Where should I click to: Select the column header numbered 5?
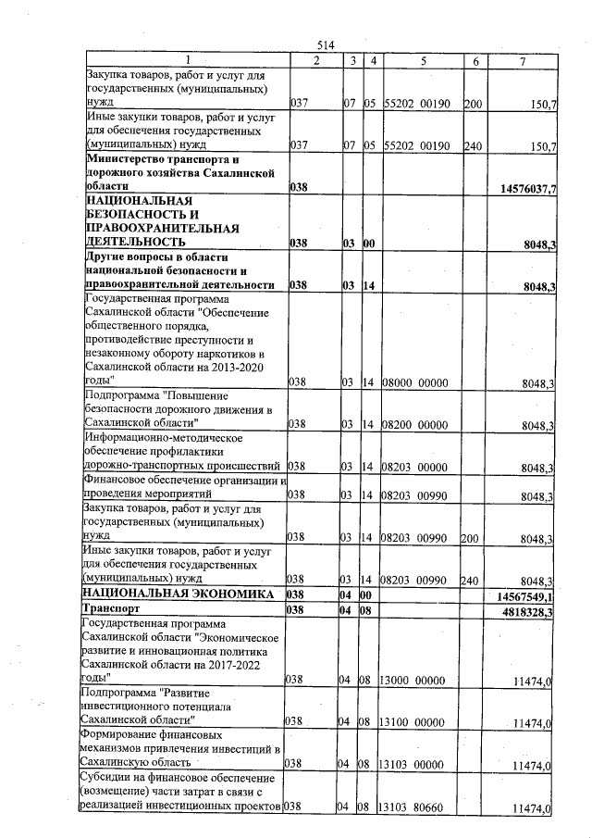pos(421,61)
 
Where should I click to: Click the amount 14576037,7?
pos(524,189)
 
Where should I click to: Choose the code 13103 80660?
pos(413,809)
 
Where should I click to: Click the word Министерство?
pos(123,158)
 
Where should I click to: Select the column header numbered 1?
pos(185,61)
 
